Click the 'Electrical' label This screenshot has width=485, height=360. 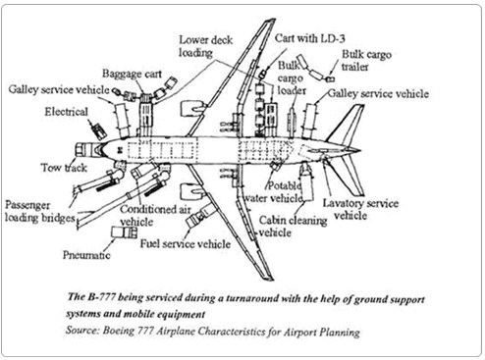point(66,112)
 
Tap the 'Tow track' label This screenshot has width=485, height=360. point(64,168)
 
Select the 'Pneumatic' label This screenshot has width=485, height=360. point(86,255)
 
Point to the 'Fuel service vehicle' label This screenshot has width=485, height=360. point(186,243)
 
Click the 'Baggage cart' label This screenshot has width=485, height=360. point(132,74)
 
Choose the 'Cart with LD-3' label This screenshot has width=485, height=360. point(309,38)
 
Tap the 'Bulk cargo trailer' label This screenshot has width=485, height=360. point(366,61)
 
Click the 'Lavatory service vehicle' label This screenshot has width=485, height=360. point(360,209)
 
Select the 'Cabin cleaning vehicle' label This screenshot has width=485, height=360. point(293,227)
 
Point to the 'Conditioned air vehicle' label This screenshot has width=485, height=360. point(155,216)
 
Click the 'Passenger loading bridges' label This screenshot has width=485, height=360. point(39,211)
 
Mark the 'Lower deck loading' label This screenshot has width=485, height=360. point(205,46)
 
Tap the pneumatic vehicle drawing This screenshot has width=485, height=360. point(124,232)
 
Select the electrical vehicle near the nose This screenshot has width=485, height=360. point(98,130)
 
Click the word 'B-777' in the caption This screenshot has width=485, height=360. point(101,297)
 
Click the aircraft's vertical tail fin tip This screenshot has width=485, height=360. point(362,105)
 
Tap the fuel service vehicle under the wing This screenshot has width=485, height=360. point(199,216)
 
